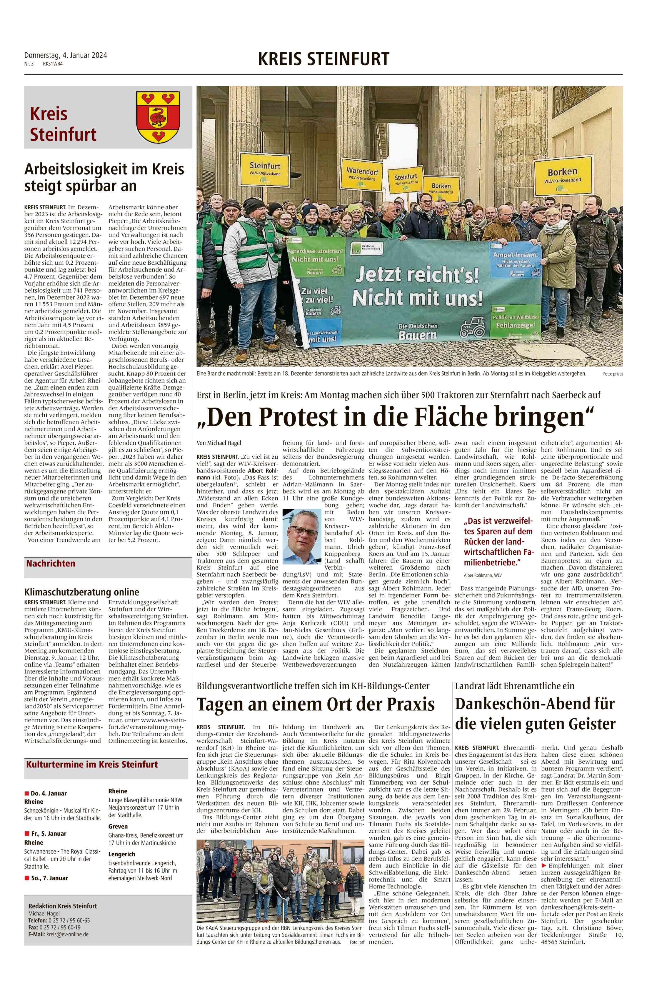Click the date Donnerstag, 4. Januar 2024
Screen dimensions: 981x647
point(66,55)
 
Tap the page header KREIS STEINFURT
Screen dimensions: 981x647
point(323,59)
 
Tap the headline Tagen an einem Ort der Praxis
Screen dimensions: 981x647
point(316,704)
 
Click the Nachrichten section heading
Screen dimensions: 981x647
point(51,563)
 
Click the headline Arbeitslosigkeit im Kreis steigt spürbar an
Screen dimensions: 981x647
point(104,177)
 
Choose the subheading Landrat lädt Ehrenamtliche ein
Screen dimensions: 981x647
point(515,686)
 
